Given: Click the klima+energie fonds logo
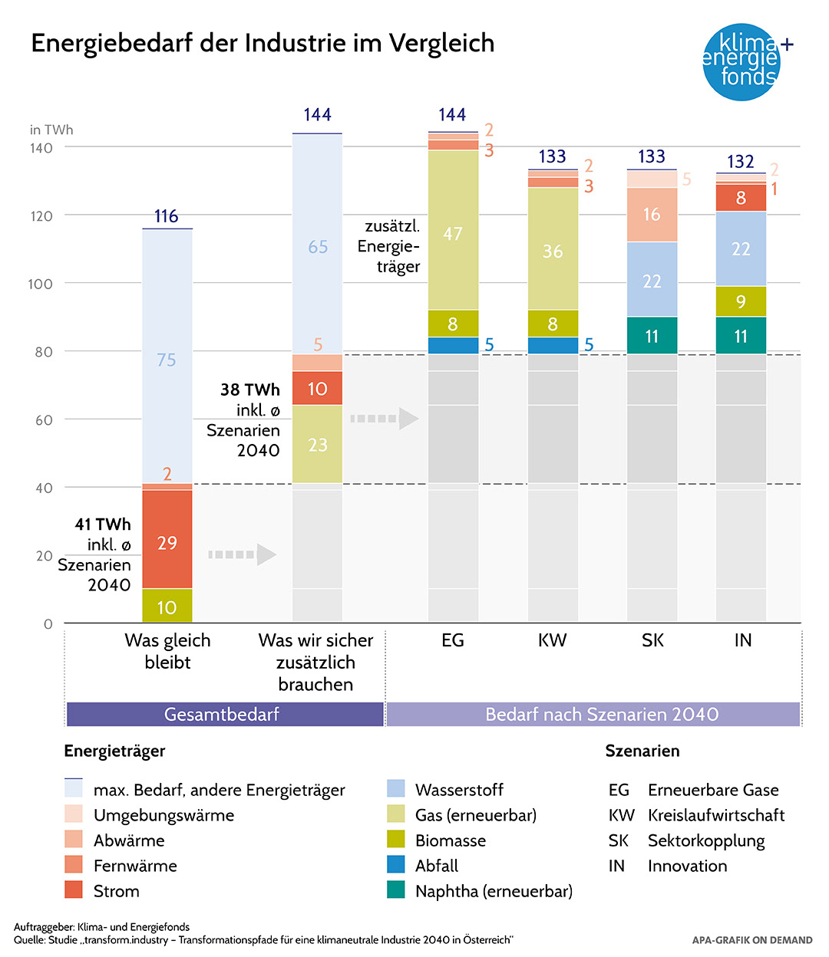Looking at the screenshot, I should pyautogui.click(x=741, y=61).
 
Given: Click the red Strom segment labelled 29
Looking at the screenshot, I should pyautogui.click(x=167, y=540).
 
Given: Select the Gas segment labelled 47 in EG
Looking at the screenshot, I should pyautogui.click(x=453, y=230).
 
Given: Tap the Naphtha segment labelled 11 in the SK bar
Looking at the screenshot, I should pyautogui.click(x=652, y=336).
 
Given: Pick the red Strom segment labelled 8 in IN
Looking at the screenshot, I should pyautogui.click(x=741, y=198).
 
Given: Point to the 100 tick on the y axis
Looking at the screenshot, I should pyautogui.click(x=41, y=284).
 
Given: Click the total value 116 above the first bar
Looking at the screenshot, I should pyautogui.click(x=167, y=216).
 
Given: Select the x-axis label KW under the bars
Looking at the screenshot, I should pyautogui.click(x=552, y=640).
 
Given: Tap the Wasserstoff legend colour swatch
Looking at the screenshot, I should pyautogui.click(x=396, y=789).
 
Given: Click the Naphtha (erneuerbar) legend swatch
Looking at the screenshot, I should pyautogui.click(x=396, y=890).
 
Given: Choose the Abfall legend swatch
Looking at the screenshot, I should pyautogui.click(x=396, y=865).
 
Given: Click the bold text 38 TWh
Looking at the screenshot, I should pyautogui.click(x=250, y=390).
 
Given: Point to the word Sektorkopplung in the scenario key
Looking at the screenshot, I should pyautogui.click(x=706, y=840).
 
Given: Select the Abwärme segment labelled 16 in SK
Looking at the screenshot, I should pyautogui.click(x=652, y=215).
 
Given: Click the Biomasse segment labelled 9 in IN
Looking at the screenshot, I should pyautogui.click(x=741, y=301).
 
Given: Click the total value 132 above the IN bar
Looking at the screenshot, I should pyautogui.click(x=741, y=162).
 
